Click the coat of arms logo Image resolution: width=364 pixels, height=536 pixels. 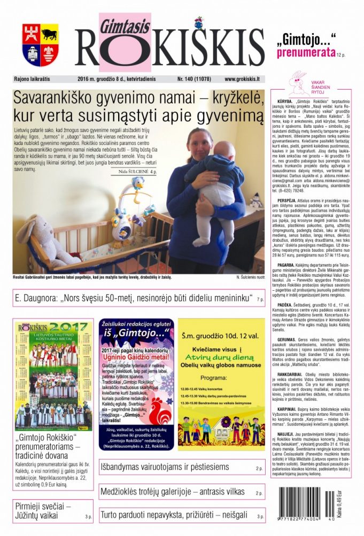41,44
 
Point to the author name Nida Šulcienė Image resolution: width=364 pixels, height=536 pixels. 133,172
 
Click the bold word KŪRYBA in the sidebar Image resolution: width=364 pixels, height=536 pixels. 285,101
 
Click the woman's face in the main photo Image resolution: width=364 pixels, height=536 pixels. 197,141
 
